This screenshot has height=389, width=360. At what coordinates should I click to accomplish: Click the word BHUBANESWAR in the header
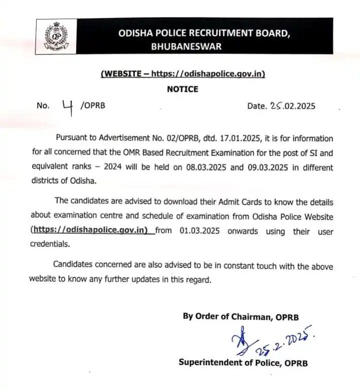186,47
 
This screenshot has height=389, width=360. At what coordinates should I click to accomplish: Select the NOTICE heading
183,89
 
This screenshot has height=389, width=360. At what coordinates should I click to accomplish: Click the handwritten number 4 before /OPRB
67,107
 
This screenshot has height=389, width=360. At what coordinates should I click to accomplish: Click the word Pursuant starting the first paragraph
72,139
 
